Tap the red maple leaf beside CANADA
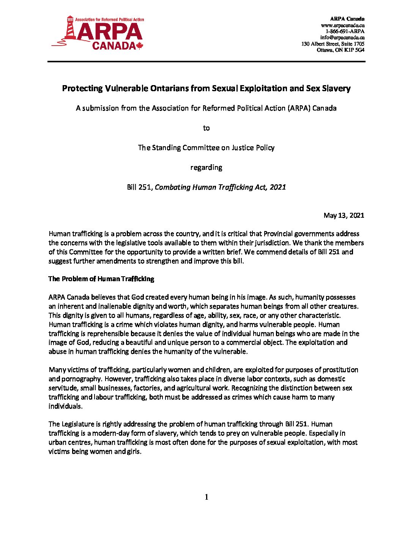[139, 46]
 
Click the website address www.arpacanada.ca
[343, 25]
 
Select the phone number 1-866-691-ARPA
[345, 31]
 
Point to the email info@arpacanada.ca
[342, 37]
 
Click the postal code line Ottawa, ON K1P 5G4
[340, 50]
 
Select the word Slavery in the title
[336, 89]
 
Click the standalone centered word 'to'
[206, 128]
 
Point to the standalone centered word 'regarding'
[206, 168]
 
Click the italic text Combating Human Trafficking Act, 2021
[221, 187]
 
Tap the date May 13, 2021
[344, 215]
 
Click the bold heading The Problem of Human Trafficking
[101, 279]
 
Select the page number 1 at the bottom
[206, 497]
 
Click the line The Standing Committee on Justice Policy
[206, 148]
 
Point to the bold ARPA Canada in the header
[347, 19]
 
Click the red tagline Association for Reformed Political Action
[110, 19]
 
